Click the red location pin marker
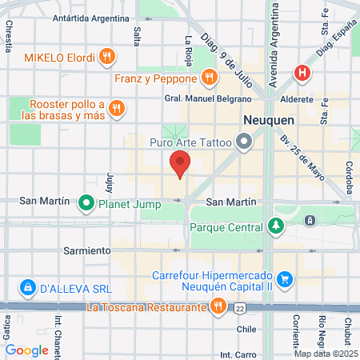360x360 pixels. pyautogui.click(x=180, y=166)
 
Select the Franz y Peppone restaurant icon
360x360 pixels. pyautogui.click(x=208, y=78)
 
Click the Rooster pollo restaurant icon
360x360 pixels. pyautogui.click(x=117, y=108)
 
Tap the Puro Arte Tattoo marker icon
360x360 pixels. pyautogui.click(x=244, y=143)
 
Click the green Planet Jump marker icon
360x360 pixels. pyautogui.click(x=86, y=203)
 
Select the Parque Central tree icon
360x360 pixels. pyautogui.click(x=276, y=226)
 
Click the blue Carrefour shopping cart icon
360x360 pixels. pyautogui.click(x=285, y=278)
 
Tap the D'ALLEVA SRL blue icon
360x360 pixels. pyautogui.click(x=27, y=286)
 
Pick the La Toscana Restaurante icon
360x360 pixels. pyautogui.click(x=218, y=306)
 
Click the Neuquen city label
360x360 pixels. pyautogui.click(x=269, y=118)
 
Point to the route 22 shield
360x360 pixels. pyautogui.click(x=240, y=307)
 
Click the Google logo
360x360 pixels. pyautogui.click(x=26, y=350)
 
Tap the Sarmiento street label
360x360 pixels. pyautogui.click(x=88, y=250)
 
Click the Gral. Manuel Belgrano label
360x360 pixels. pyautogui.click(x=207, y=98)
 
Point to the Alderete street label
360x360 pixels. pyautogui.click(x=298, y=100)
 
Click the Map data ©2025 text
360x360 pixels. pyautogui.click(x=326, y=354)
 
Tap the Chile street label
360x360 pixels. pyautogui.click(x=246, y=328)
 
